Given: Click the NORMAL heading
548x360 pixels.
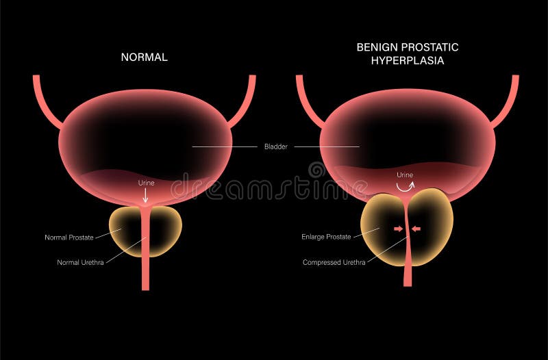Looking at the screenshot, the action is [x=144, y=57].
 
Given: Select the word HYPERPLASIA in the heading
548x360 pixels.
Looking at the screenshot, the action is [x=408, y=60].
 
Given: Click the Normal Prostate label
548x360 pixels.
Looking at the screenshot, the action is [x=69, y=238].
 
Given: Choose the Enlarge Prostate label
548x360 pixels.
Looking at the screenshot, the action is [x=326, y=237].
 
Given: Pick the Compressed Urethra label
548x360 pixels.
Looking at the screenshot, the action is [x=334, y=262].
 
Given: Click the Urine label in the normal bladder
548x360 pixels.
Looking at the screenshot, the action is [x=145, y=183].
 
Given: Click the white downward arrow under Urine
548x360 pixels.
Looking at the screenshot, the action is [x=145, y=195].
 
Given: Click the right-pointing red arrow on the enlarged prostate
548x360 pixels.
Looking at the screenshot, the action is [x=399, y=229].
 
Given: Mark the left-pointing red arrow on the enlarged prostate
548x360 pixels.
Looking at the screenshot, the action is [x=416, y=229].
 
